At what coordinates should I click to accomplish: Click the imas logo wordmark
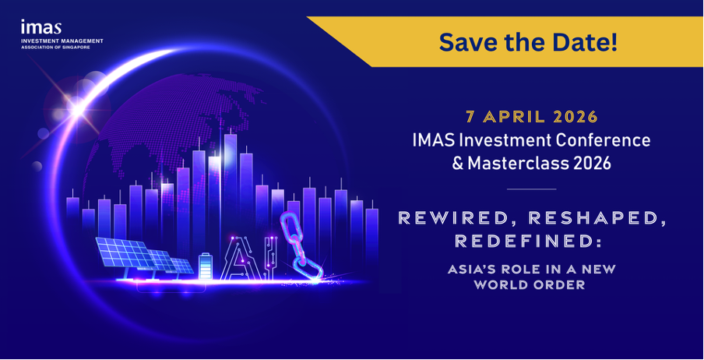pyautogui.click(x=40, y=27)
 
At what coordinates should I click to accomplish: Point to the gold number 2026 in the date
pyautogui.click(x=576, y=117)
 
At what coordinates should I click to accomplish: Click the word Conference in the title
pyautogui.click(x=603, y=140)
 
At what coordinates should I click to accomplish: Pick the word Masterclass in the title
pyautogui.click(x=512, y=164)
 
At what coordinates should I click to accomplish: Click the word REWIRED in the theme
pyautogui.click(x=459, y=218)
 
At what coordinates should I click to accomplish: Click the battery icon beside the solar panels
pyautogui.click(x=205, y=266)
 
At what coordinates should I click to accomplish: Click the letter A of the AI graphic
pyautogui.click(x=237, y=259)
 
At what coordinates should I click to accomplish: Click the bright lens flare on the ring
pyautogui.click(x=76, y=108)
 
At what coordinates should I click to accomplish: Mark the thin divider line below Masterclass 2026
pyautogui.click(x=532, y=189)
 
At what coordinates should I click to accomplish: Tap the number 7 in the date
pyautogui.click(x=470, y=117)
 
